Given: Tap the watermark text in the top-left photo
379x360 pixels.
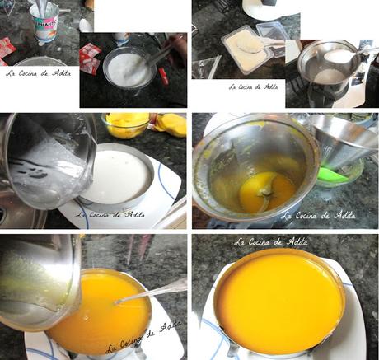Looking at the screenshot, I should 38,72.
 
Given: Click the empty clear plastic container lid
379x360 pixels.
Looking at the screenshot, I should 272,33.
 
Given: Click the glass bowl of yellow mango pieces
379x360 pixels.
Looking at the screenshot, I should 126,125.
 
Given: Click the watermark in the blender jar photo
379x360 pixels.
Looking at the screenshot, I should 318,215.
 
